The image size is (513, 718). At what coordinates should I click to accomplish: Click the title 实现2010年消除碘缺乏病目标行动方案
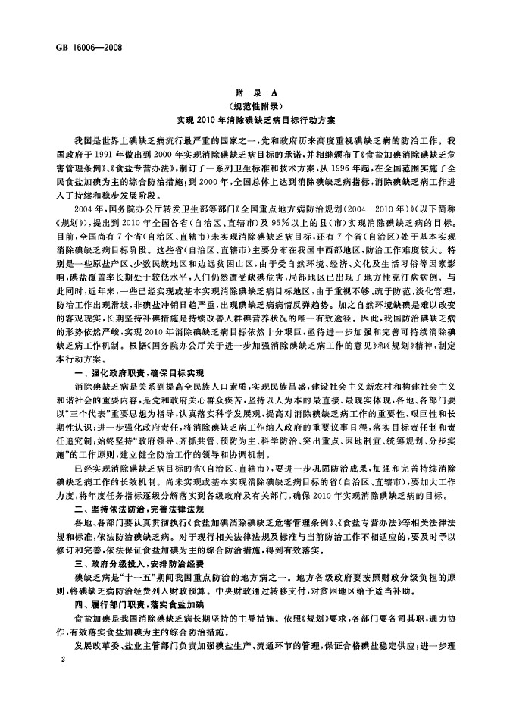click(258, 120)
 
